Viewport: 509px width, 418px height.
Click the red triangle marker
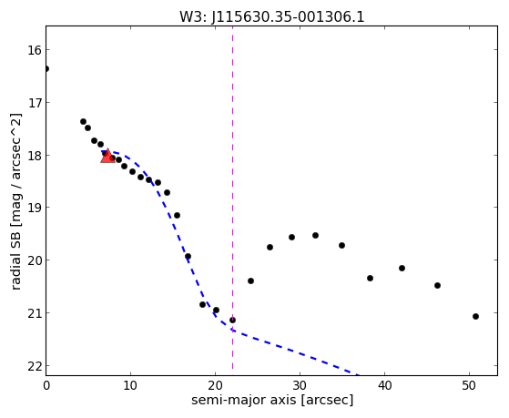tap(107, 156)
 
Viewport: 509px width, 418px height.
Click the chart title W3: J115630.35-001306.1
tap(272, 17)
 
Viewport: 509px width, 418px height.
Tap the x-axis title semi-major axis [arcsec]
tap(272, 400)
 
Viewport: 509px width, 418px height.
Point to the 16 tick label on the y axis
tap(35, 50)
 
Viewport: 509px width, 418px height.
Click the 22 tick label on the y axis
tap(35, 366)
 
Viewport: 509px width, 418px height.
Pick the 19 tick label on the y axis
tap(35, 208)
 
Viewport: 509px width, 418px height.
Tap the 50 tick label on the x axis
tap(469, 385)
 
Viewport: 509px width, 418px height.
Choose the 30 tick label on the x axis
tap(300, 385)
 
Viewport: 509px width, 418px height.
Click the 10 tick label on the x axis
tap(130, 385)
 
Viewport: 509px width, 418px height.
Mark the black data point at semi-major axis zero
tap(46, 68)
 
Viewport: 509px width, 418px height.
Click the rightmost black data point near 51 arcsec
tap(476, 316)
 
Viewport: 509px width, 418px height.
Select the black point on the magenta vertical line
tap(233, 321)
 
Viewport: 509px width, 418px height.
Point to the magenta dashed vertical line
tap(233, 198)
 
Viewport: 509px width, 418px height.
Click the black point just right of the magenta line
tap(250, 280)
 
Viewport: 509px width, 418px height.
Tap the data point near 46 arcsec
tap(438, 285)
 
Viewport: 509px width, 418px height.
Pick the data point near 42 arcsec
tap(402, 269)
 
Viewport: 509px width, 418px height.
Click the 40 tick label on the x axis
tap(384, 385)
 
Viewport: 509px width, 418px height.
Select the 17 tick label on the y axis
tap(35, 103)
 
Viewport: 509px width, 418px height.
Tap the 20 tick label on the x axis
tap(215, 385)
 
